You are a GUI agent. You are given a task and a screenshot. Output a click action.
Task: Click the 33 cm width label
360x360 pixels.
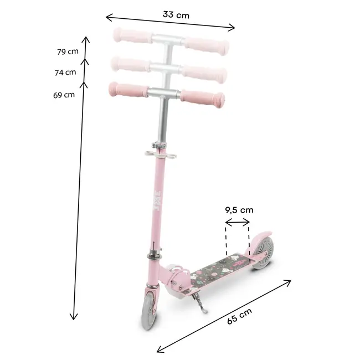point(176,15)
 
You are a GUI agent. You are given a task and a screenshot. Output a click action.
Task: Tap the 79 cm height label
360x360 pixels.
point(68,52)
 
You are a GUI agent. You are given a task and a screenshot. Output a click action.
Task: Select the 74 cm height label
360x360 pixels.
point(66,73)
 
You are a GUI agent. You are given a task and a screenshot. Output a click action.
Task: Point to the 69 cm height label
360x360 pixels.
point(64,95)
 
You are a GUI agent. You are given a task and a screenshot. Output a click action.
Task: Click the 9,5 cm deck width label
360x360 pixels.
point(239,210)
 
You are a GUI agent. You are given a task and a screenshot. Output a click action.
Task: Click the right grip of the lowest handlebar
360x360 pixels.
point(203,96)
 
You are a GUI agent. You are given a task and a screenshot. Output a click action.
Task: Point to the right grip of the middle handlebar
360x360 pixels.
point(203,70)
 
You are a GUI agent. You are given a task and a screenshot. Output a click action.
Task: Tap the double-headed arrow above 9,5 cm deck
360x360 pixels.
point(238,223)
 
